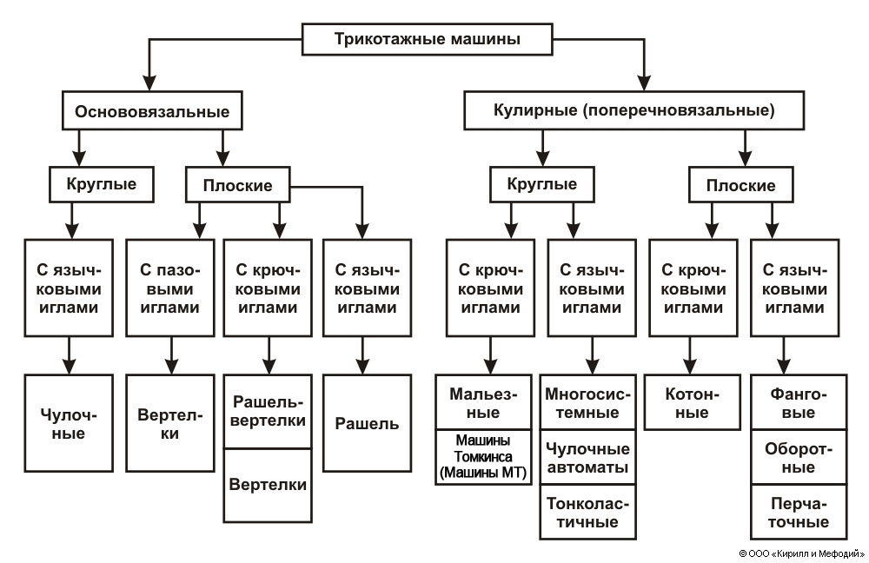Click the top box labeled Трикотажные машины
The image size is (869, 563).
428,38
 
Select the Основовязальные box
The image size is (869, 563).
152,111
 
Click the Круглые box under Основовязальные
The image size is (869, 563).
103,184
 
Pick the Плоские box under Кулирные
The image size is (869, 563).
740,185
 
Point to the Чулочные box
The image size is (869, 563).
69,423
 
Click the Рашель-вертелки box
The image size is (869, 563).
268,411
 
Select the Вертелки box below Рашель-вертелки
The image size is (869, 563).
268,485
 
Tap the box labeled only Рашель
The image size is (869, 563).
367,423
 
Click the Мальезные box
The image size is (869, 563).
483,402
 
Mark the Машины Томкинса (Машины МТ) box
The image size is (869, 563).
483,457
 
